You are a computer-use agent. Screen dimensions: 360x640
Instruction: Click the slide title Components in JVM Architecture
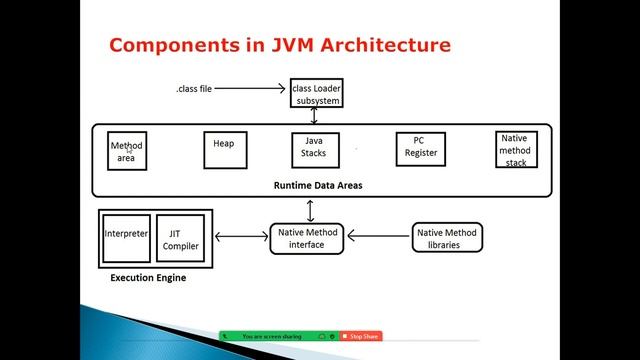click(279, 45)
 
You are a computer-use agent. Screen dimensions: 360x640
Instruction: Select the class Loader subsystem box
click(316, 93)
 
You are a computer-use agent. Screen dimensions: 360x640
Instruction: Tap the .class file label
click(194, 89)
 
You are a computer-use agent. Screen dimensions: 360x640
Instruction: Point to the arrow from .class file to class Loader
click(250, 89)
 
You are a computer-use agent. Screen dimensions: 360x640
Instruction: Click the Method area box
click(127, 152)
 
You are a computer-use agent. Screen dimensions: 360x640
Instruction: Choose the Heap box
click(224, 150)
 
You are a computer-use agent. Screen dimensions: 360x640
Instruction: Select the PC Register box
click(420, 149)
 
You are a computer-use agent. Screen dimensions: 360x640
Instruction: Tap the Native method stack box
click(515, 150)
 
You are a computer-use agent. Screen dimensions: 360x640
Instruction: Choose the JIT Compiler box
click(181, 240)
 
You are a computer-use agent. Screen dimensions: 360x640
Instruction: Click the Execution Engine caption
click(148, 278)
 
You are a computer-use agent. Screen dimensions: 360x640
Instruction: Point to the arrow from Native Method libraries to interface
click(381, 238)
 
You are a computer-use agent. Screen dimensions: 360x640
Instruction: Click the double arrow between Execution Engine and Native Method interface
click(240, 238)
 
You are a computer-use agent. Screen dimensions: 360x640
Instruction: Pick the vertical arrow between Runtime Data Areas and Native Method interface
click(311, 211)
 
